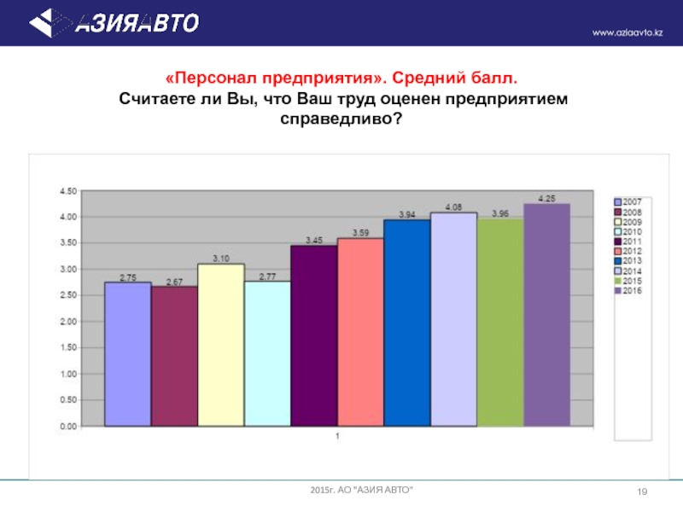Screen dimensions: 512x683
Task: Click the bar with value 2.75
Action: (x=128, y=353)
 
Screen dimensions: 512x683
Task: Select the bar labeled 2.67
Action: (x=174, y=356)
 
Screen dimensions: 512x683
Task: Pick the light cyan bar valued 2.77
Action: (x=267, y=353)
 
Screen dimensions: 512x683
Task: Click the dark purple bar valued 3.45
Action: (x=314, y=335)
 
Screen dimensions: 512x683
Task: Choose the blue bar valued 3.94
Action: (x=406, y=322)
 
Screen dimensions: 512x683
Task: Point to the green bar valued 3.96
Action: (x=499, y=322)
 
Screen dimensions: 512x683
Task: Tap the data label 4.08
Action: (x=453, y=207)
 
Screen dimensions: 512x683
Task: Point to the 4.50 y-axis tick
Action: (x=67, y=191)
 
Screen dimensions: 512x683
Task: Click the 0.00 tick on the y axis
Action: (x=67, y=426)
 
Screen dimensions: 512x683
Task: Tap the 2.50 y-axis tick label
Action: (x=67, y=295)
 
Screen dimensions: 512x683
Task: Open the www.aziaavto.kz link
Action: (x=628, y=32)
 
